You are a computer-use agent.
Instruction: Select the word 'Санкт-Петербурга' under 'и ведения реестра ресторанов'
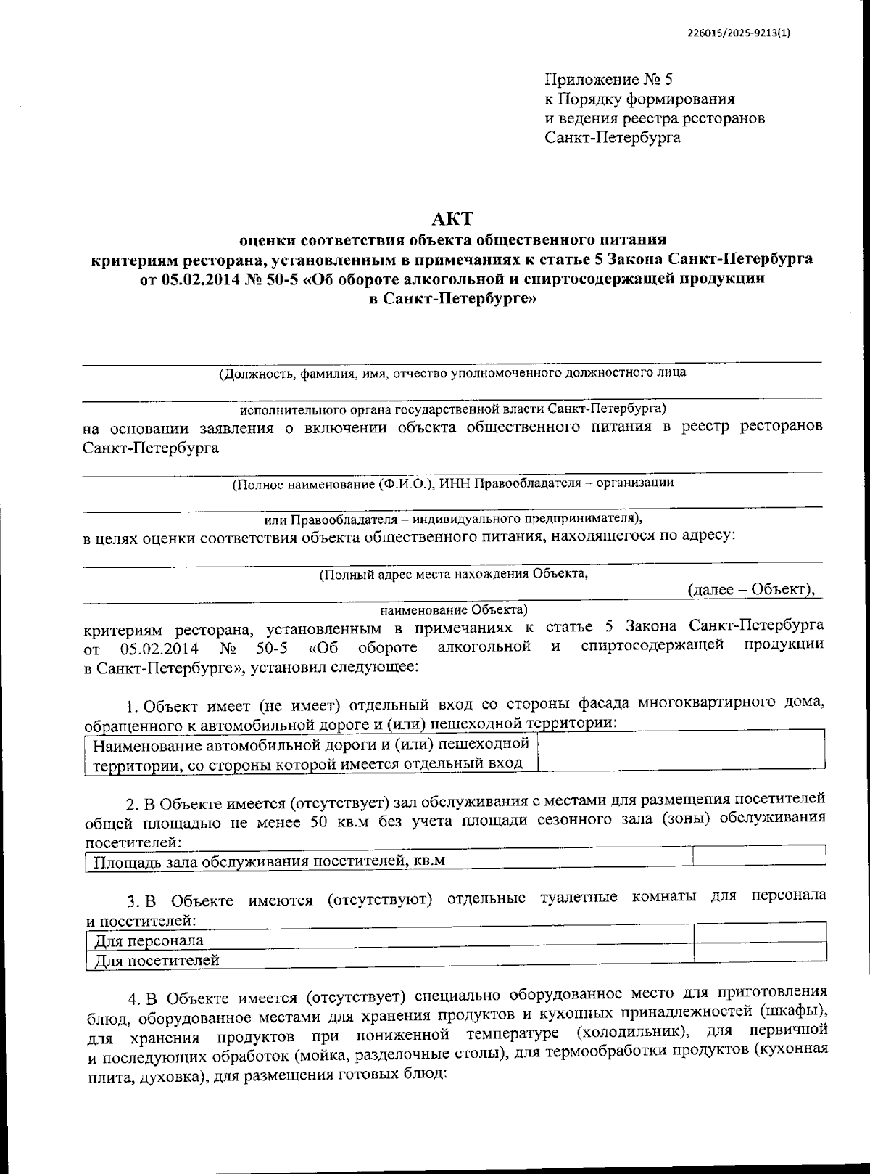[613, 137]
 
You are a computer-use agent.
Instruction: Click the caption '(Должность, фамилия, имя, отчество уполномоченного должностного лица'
[452, 373]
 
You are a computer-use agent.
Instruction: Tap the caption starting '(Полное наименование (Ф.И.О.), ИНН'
[452, 483]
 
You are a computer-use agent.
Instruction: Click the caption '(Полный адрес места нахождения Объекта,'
[453, 573]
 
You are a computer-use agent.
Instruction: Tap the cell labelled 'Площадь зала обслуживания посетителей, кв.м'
[268, 861]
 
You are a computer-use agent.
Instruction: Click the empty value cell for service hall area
[758, 856]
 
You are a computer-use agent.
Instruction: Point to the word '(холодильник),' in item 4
[624, 1031]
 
